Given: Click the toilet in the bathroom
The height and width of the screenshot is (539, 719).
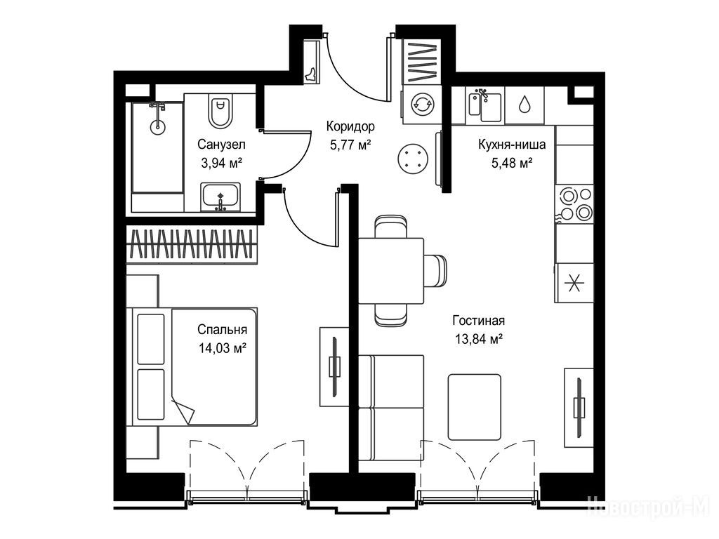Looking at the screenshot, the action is (x=221, y=110).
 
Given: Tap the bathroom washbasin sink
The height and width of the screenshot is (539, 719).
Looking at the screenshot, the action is (x=220, y=197).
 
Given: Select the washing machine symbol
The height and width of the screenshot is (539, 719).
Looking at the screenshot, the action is (x=421, y=105).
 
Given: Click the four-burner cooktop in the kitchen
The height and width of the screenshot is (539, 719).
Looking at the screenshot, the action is (x=575, y=204).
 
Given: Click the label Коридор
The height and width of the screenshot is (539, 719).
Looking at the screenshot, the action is (x=350, y=126).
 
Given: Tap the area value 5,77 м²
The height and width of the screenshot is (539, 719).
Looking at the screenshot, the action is (x=350, y=145).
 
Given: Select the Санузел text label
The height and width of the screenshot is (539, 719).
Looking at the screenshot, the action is (x=221, y=145).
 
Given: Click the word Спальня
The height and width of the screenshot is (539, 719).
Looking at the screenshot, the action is (x=222, y=330).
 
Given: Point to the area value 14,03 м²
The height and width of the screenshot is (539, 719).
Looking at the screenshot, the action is (x=222, y=348).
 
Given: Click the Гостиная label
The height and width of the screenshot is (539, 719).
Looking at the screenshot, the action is (x=478, y=320).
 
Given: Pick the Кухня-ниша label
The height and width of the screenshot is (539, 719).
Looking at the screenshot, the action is (x=512, y=145).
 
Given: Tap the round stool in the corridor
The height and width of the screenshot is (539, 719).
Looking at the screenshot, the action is (x=413, y=159).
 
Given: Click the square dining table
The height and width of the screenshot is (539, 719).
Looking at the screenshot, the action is (x=390, y=271).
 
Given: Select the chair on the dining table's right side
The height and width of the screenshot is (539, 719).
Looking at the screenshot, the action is (x=435, y=271).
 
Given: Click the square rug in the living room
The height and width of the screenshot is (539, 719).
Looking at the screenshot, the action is (x=475, y=407).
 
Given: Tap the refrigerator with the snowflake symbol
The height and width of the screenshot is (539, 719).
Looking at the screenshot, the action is (x=574, y=284).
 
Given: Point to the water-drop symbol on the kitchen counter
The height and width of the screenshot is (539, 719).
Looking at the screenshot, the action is (x=524, y=105).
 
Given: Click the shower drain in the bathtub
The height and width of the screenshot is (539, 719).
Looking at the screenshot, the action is (x=158, y=125).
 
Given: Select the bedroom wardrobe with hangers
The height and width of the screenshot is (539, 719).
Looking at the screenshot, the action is (x=192, y=244).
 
